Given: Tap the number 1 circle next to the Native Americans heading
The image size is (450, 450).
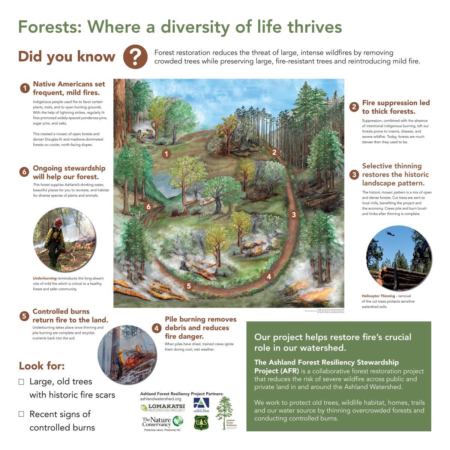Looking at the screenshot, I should click(x=25, y=88).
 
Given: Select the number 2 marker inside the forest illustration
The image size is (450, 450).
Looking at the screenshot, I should click(x=274, y=152).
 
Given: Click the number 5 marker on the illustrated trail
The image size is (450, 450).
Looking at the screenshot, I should click(x=189, y=286).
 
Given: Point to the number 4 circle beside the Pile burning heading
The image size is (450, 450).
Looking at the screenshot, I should click(x=157, y=328).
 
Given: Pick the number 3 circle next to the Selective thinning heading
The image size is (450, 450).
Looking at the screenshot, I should click(x=354, y=175).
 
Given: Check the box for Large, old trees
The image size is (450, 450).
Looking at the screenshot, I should click(x=21, y=382).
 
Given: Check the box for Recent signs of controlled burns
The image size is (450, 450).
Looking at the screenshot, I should click(x=21, y=414).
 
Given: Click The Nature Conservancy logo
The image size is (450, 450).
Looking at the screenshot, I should click(x=162, y=423).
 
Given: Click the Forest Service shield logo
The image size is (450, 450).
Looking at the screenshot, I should click(x=201, y=423).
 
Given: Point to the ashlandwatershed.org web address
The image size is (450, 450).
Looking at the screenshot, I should click(x=160, y=399).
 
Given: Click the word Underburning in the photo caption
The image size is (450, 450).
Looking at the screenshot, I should click(x=45, y=278).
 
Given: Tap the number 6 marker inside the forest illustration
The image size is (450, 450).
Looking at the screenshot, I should click(x=148, y=207).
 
